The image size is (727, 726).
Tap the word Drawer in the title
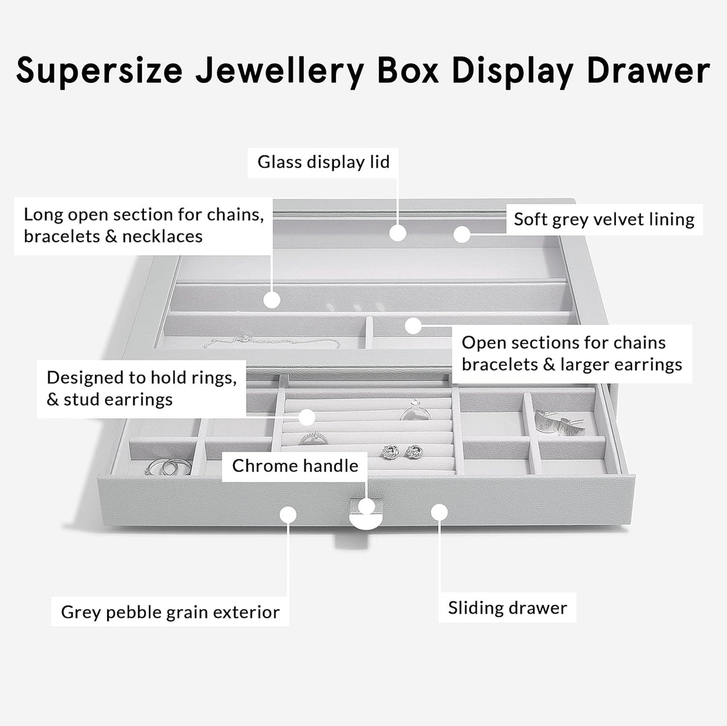click(648, 69)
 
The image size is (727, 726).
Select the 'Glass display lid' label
click(323, 162)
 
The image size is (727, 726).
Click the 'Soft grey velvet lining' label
click(604, 219)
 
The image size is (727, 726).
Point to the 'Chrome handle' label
click(295, 465)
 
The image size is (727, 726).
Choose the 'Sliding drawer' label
click(508, 608)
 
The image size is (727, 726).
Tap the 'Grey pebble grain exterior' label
click(170, 612)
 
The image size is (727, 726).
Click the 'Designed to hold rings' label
click(141, 388)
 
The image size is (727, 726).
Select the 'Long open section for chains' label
click(143, 225)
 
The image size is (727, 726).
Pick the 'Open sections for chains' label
click(572, 353)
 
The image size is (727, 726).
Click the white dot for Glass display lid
click(398, 233)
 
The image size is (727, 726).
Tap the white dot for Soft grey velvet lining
click(461, 234)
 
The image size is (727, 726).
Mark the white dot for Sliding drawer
click(439, 513)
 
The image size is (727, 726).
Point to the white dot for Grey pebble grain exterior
click(288, 515)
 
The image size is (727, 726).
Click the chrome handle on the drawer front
click(366, 518)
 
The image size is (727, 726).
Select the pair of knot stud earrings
click(402, 451)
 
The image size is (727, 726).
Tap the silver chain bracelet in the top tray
click(272, 342)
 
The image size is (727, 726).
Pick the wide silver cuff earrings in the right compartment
click(559, 423)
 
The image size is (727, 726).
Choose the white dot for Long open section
click(271, 300)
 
